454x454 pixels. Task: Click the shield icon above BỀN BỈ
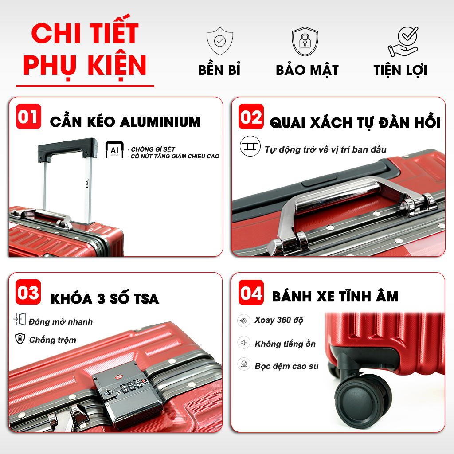(220, 41)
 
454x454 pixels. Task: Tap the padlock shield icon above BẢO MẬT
(305, 41)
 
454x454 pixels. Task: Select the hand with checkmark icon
(403, 42)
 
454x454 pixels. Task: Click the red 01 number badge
(28, 117)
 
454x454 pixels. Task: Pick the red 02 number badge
(251, 117)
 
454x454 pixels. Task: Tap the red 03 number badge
(28, 292)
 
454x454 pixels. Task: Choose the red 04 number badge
(251, 293)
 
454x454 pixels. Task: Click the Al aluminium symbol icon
(114, 150)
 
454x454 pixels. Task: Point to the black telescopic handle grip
(67, 149)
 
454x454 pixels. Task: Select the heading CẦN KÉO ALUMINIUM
(125, 121)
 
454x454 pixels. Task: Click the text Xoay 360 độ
(279, 320)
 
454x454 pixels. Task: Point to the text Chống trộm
(53, 340)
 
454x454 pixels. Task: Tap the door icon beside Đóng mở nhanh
(20, 319)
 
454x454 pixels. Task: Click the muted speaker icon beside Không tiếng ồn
(244, 343)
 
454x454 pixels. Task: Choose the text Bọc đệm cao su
(287, 366)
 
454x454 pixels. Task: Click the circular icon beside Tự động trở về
(250, 146)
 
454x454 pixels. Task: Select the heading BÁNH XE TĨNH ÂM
(335, 296)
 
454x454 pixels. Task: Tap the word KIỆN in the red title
(117, 66)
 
